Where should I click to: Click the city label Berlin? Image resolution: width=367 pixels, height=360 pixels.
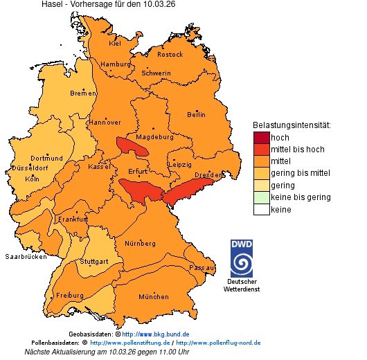[x=196, y=114]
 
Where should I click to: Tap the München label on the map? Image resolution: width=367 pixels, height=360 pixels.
[x=153, y=297]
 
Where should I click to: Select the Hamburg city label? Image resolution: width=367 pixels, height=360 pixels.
[x=116, y=64]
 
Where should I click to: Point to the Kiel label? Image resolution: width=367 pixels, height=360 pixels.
[x=114, y=43]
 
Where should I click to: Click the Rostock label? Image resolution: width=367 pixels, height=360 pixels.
[x=170, y=54]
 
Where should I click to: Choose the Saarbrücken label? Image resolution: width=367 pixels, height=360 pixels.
[x=26, y=256]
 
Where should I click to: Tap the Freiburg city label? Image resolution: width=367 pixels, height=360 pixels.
[x=69, y=295]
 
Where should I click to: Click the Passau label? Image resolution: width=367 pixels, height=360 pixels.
[x=202, y=267]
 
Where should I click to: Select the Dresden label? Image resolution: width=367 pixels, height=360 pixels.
[x=208, y=175]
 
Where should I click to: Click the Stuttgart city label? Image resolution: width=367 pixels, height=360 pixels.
[x=94, y=262]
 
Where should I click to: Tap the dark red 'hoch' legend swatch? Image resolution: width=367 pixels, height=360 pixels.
[x=261, y=137]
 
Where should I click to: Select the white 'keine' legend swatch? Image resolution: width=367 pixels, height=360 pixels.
[x=261, y=209]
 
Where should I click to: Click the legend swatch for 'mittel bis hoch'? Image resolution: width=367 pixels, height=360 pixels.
[x=261, y=149]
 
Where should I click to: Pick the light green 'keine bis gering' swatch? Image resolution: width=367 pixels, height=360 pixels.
[x=261, y=197]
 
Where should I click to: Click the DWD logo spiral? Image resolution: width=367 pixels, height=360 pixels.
[x=242, y=264]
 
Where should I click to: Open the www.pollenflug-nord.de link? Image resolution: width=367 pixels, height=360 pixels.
[x=218, y=343]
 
